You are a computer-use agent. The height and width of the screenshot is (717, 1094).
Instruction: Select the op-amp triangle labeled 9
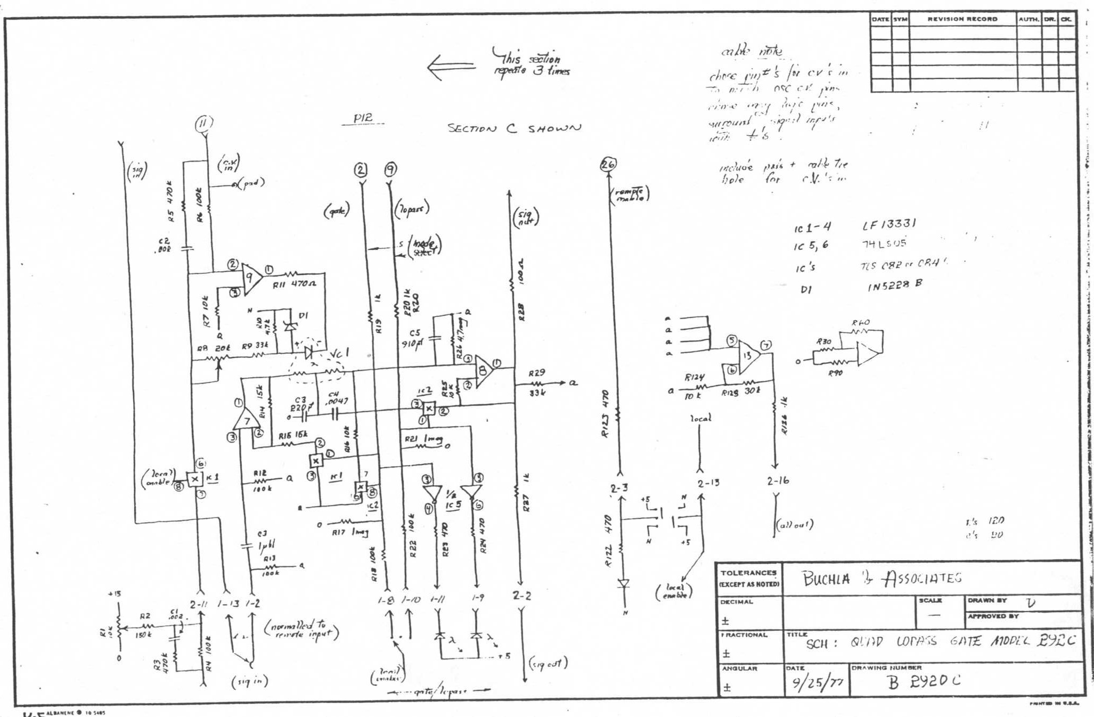[251, 278]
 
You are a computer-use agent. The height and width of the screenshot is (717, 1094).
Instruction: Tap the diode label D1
[303, 315]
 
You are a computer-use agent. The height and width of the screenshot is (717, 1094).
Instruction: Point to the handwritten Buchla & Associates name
[881, 579]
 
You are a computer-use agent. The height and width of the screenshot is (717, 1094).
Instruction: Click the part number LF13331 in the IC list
[889, 224]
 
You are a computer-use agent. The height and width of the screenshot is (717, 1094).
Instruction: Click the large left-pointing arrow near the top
[451, 68]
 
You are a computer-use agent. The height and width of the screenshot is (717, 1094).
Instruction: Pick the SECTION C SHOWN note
[514, 128]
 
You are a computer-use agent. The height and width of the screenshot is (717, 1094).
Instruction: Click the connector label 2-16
[778, 480]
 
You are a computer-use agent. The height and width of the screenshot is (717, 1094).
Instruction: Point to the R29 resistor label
[536, 373]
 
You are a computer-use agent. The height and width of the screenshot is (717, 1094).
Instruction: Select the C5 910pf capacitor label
[414, 338]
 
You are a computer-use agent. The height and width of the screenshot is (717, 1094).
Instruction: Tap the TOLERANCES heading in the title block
[748, 573]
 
